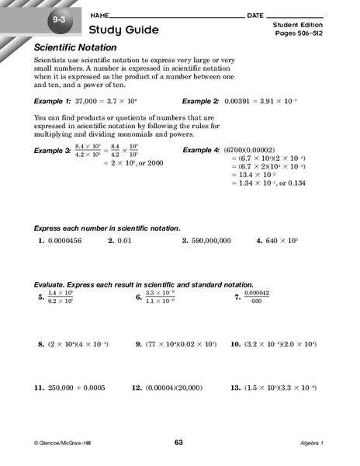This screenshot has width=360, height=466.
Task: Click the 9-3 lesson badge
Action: [x=60, y=19]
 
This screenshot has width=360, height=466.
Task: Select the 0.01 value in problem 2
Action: [x=126, y=242]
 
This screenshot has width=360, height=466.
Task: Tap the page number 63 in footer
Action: [x=179, y=443]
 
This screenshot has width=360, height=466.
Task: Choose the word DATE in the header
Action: [x=254, y=15]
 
